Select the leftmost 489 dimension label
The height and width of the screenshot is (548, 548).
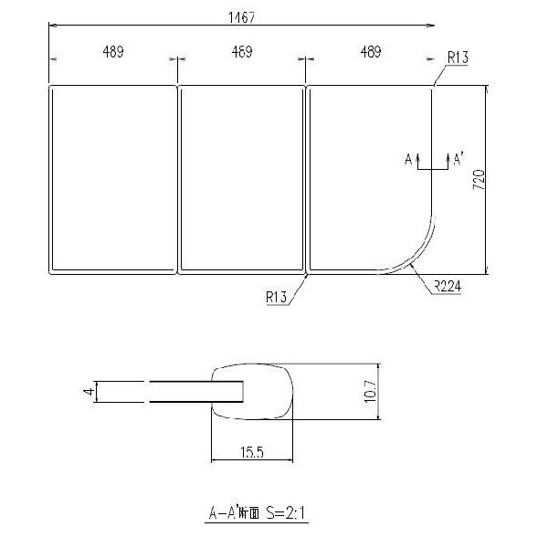click(x=113, y=52)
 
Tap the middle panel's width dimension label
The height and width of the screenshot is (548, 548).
click(x=242, y=52)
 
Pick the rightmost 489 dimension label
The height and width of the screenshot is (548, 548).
click(x=370, y=52)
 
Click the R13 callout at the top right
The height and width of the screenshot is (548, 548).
click(x=458, y=58)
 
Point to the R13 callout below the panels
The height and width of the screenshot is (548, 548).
click(x=277, y=296)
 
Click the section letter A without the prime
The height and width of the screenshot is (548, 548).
click(x=407, y=160)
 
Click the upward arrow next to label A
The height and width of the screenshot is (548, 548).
click(x=418, y=160)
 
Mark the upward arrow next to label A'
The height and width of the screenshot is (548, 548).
click(x=445, y=160)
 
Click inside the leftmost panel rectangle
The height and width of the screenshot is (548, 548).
click(x=111, y=178)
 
